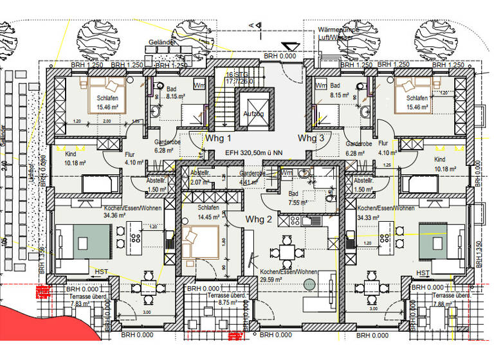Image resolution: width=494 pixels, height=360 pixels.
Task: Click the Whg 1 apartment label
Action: click(x=219, y=139)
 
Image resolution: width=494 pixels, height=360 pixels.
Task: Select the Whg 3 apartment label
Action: click(x=311, y=139)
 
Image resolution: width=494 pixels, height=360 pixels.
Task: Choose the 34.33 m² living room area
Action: click(x=371, y=217)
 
